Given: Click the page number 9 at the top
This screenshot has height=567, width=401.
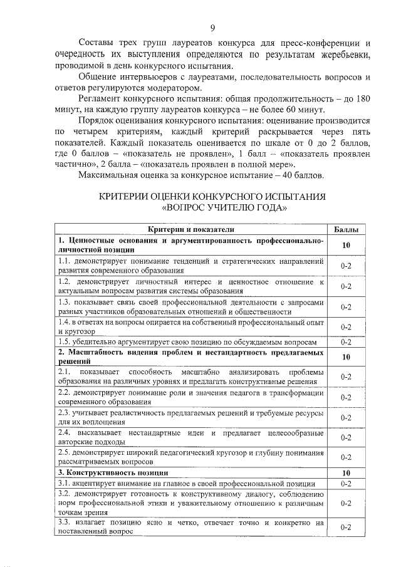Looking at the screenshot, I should click(x=212, y=27).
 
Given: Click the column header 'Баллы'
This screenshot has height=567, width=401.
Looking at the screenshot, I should click(x=345, y=230).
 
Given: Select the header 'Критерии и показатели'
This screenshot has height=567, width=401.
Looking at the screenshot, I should click(x=191, y=230).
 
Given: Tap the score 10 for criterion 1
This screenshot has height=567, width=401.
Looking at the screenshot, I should click(x=345, y=245).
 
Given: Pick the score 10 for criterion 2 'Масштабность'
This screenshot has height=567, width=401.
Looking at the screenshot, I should click(x=345, y=358).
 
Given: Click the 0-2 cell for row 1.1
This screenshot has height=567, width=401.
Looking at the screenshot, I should click(x=345, y=266).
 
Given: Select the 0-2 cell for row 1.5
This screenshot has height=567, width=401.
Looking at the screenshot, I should click(x=345, y=342).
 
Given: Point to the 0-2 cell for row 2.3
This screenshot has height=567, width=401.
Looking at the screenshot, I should click(x=345, y=418).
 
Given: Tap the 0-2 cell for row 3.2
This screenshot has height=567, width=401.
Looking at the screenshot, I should click(x=345, y=503).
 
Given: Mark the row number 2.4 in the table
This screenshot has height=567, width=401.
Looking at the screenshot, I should click(x=63, y=433).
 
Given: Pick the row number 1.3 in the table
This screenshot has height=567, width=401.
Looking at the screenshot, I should click(x=63, y=302).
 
